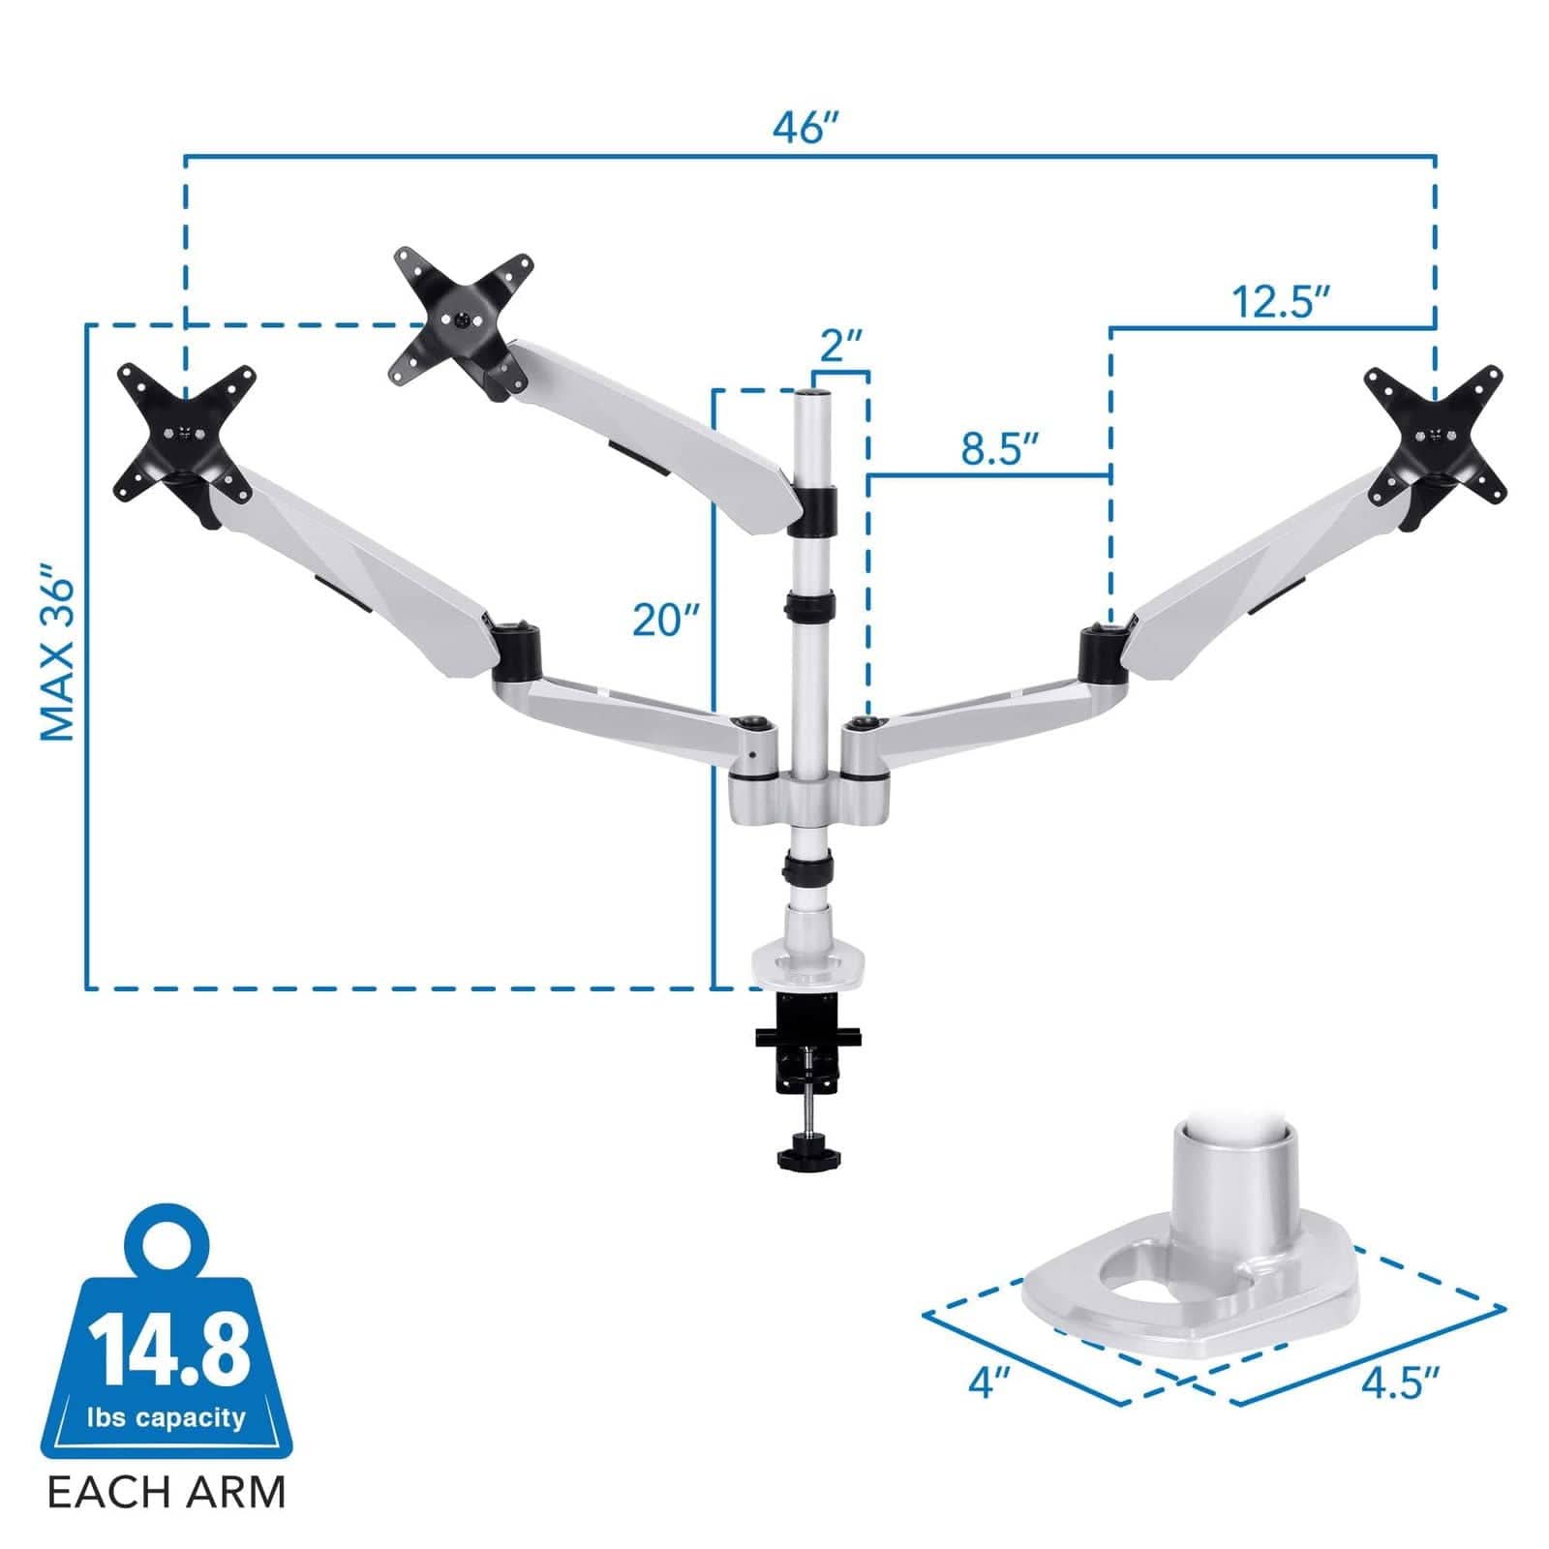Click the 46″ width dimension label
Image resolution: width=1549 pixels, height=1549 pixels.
pos(805,127)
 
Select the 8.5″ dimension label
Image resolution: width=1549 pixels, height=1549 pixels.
pos(1000,448)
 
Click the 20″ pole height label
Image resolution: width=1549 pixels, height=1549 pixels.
pos(666,620)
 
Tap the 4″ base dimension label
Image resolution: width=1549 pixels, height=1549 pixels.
pos(989,1382)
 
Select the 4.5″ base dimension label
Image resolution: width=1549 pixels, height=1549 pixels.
pos(1401,1383)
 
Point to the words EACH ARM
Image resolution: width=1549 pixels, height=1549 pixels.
pos(167,1492)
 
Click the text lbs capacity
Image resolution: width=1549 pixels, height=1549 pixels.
pos(167,1418)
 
